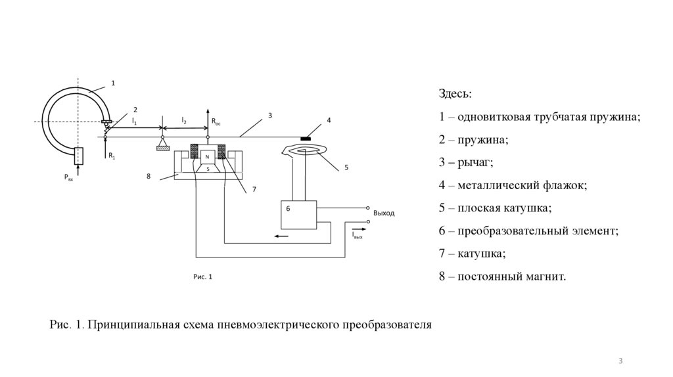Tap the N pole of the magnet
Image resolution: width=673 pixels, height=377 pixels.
pyautogui.click(x=208, y=156)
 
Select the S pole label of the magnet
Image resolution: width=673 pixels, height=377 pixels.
pyautogui.click(x=208, y=169)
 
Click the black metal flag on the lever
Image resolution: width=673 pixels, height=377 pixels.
pyautogui.click(x=306, y=139)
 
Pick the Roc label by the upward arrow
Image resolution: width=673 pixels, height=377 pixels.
pyautogui.click(x=216, y=122)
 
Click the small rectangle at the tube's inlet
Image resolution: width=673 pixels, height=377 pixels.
pyautogui.click(x=78, y=156)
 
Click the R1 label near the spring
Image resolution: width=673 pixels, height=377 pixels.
pyautogui.click(x=112, y=156)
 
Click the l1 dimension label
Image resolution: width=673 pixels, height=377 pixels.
pyautogui.click(x=134, y=121)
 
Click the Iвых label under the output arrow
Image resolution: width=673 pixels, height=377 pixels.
pyautogui.click(x=357, y=234)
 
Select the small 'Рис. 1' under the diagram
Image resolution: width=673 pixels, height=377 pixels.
pyautogui.click(x=203, y=277)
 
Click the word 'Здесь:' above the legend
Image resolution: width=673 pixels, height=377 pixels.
pyautogui.click(x=455, y=95)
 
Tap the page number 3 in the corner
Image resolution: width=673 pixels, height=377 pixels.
pyautogui.click(x=620, y=361)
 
